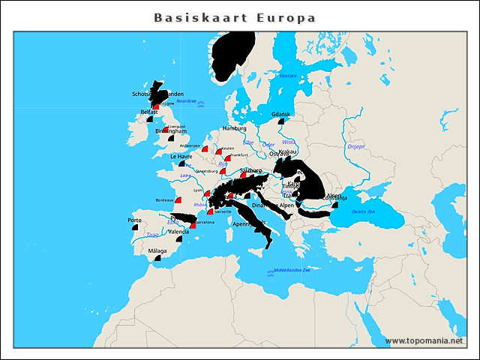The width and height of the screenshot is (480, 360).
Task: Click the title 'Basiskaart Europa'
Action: tap(235, 17)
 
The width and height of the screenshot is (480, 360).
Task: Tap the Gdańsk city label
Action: tap(281, 114)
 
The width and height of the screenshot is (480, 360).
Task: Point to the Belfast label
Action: tap(149, 112)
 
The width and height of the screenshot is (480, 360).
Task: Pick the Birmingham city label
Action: tap(170, 131)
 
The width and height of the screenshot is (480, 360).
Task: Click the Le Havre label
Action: tap(182, 157)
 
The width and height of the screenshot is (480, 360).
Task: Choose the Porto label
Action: tap(135, 220)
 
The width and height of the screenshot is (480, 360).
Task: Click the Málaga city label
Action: tap(157, 250)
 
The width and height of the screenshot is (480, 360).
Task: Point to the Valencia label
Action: tap(178, 232)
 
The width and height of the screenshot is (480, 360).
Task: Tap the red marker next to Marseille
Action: tap(211, 212)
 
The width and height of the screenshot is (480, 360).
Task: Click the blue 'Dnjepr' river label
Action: tap(355, 147)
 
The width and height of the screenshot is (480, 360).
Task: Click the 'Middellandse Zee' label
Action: tap(292, 270)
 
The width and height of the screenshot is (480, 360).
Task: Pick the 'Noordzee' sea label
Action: tap(187, 101)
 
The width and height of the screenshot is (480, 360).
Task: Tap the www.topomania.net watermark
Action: tap(424, 340)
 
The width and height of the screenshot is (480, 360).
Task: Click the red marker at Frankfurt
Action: tap(227, 158)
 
